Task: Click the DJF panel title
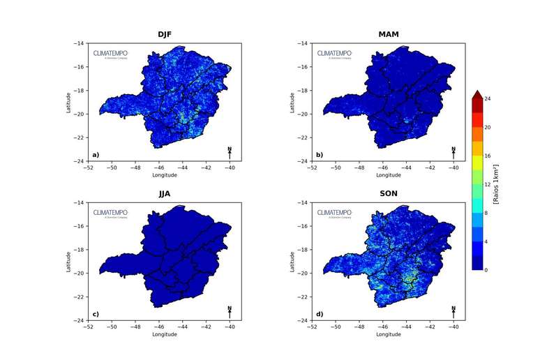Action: pyautogui.click(x=165, y=34)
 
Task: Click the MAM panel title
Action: pyautogui.click(x=389, y=34)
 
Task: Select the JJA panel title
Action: pyautogui.click(x=165, y=193)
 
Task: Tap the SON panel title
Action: pyautogui.click(x=389, y=193)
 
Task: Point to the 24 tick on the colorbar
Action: pyautogui.click(x=488, y=99)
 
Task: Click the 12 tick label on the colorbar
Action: pyautogui.click(x=488, y=184)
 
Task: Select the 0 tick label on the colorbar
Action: pyautogui.click(x=486, y=269)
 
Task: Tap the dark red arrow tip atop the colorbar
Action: pyautogui.click(x=477, y=94)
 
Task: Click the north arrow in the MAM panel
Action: pyautogui.click(x=453, y=152)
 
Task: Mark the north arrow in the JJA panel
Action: pyautogui.click(x=230, y=311)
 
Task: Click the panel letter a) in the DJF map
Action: pyautogui.click(x=96, y=155)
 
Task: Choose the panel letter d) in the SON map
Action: pyautogui.click(x=320, y=314)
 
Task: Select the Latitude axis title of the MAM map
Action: pyautogui.click(x=292, y=103)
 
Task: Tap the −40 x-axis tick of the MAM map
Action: pyautogui.click(x=453, y=167)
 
